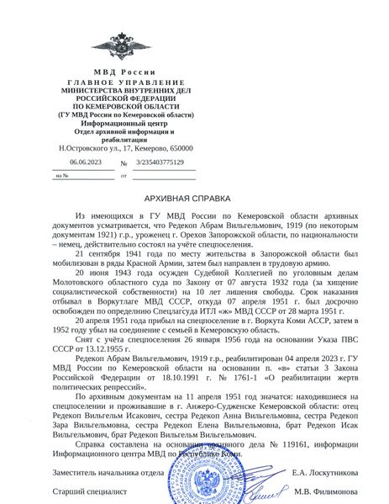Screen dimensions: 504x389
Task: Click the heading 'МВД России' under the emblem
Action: [x=125, y=72]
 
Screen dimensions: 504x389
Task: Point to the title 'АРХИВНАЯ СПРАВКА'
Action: [x=194, y=199]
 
